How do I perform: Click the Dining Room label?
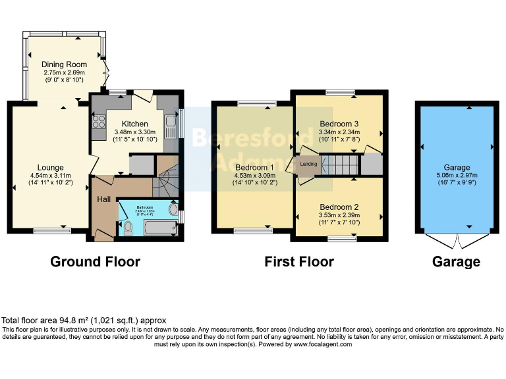click(x=65, y=64)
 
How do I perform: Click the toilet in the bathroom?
click(x=128, y=228)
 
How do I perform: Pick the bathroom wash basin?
click(x=173, y=210)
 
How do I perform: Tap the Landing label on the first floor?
click(x=308, y=164)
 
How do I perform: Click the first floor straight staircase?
click(x=341, y=164)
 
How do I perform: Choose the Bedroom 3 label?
click(x=339, y=124)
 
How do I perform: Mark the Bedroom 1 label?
click(x=254, y=167)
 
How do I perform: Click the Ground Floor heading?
click(x=96, y=262)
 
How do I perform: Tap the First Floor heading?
click(x=299, y=262)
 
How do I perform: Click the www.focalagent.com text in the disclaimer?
click(x=322, y=344)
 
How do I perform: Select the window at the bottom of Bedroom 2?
click(x=339, y=240)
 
